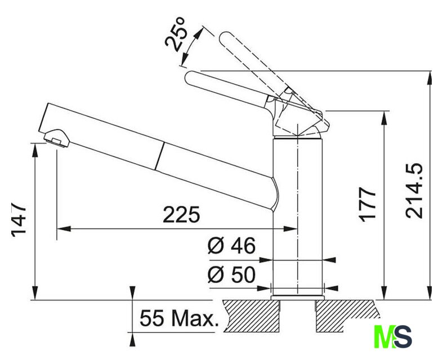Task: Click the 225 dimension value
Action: click(x=181, y=214)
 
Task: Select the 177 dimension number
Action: click(x=367, y=204)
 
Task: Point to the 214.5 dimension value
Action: click(x=414, y=191)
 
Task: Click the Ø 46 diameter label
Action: click(x=232, y=245)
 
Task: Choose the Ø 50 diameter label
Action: click(x=232, y=274)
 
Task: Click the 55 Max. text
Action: click(x=180, y=318)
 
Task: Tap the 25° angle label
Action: click(x=175, y=34)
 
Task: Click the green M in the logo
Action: click(x=384, y=336)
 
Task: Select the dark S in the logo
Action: click(x=402, y=336)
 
